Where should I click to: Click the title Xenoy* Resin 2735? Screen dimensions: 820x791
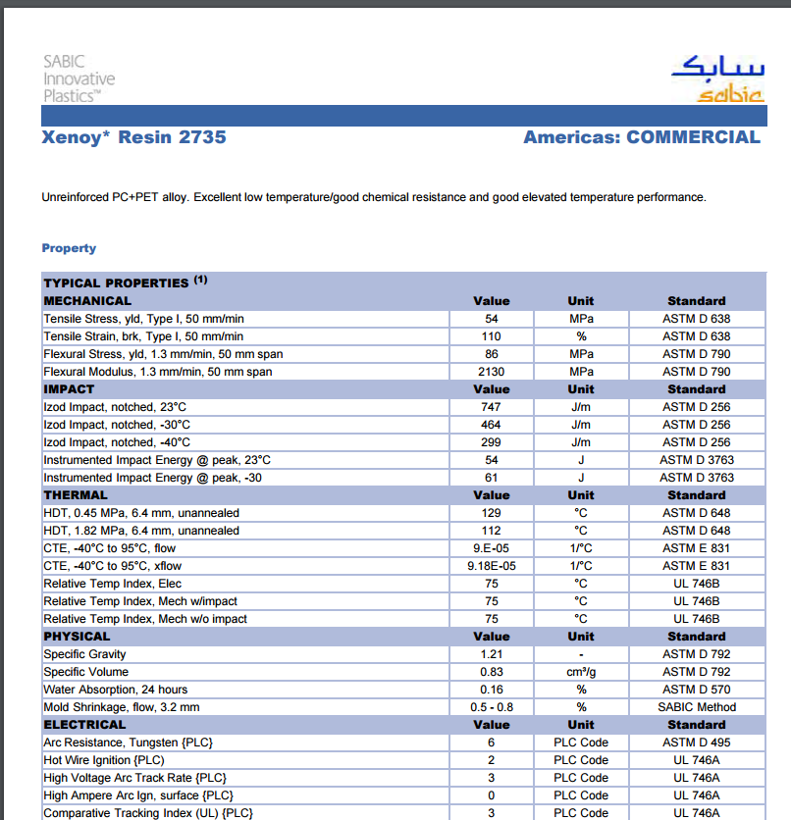point(133,137)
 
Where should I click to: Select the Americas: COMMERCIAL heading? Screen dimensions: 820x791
point(642,137)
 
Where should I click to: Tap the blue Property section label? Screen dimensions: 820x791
point(69,248)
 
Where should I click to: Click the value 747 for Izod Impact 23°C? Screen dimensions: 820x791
point(492,407)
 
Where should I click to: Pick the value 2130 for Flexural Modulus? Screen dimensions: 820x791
point(492,372)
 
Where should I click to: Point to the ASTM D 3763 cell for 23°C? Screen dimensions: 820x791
point(696,460)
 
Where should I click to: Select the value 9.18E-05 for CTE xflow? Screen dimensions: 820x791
point(492,566)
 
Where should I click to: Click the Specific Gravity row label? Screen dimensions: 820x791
point(84,654)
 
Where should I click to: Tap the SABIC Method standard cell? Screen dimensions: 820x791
point(696,707)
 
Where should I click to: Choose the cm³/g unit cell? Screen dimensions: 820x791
point(581,672)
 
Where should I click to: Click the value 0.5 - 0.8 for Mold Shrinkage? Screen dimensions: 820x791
point(492,707)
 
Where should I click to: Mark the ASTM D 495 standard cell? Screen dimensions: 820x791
point(696,743)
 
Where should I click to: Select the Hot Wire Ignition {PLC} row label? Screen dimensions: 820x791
point(104,760)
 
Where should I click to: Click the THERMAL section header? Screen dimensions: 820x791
point(76,495)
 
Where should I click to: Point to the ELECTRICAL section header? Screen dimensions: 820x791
point(84,725)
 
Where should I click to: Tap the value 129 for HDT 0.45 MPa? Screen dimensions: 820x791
point(492,513)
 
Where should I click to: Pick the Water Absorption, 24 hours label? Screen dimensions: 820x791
point(116,690)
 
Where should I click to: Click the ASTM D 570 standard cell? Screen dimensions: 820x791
point(696,690)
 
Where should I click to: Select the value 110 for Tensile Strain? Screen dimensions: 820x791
point(492,336)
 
